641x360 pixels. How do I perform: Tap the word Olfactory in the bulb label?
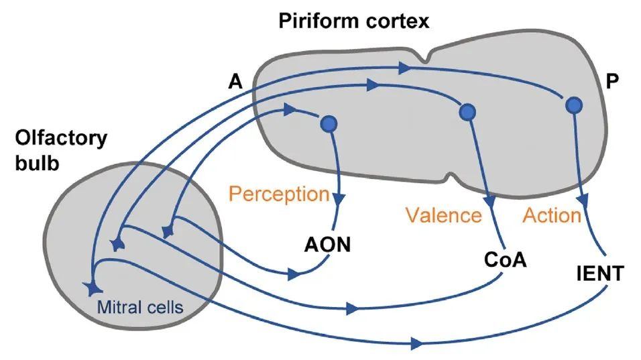pyautogui.click(x=60, y=139)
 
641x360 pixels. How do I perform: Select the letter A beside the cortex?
pyautogui.click(x=235, y=82)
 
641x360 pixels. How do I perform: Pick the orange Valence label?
pyautogui.click(x=443, y=215)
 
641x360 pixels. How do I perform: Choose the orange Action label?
pyautogui.click(x=551, y=215)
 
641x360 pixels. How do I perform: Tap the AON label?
pyautogui.click(x=327, y=245)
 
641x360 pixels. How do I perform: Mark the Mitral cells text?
pyautogui.click(x=139, y=308)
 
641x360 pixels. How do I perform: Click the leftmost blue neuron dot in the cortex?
pyautogui.click(x=329, y=123)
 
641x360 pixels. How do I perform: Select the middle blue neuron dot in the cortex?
pyautogui.click(x=467, y=112)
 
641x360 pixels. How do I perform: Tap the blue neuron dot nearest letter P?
pyautogui.click(x=573, y=105)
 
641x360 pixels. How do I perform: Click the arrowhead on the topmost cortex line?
pyautogui.click(x=403, y=68)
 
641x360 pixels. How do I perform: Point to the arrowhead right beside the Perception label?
pyautogui.click(x=340, y=198)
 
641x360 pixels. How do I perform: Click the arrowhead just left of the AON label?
pyautogui.click(x=292, y=274)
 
